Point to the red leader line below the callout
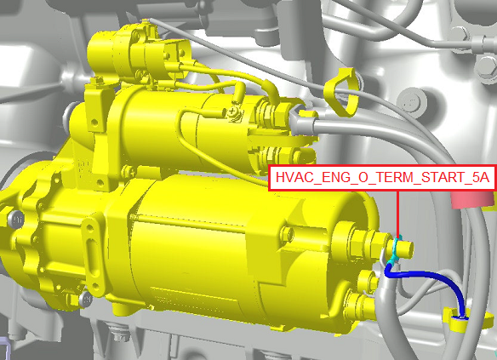pyautogui.click(x=397, y=214)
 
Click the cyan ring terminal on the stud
pyautogui.click(x=395, y=251)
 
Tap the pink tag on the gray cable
pyautogui.click(x=472, y=199)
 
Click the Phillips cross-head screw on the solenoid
pyautogui.click(x=233, y=111)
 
